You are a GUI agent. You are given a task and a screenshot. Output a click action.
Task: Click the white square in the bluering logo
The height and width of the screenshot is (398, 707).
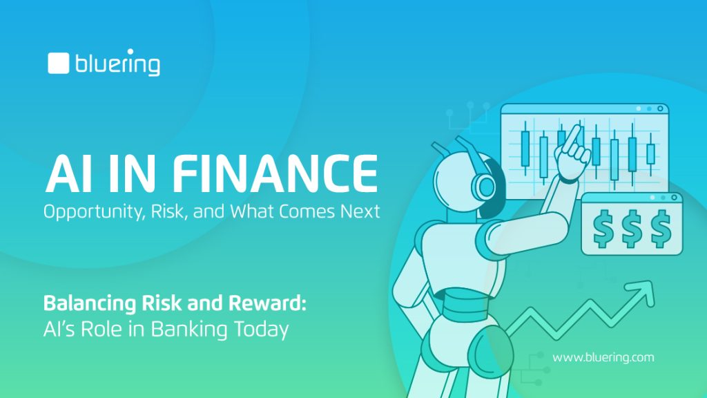pos(59,63)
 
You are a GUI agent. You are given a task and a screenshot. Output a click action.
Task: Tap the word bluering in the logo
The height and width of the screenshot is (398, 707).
pos(117,62)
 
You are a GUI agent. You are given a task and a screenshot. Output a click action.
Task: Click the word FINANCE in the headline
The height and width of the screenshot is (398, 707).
pos(275,173)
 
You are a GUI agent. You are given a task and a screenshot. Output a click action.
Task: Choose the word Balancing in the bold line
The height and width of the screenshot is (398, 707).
pos(89,304)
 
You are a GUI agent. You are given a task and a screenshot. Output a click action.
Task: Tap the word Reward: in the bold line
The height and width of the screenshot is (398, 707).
pos(267,303)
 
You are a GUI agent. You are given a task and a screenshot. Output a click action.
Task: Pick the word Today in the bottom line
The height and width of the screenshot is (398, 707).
pos(262,330)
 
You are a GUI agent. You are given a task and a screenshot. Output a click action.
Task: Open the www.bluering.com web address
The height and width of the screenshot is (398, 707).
pos(603,358)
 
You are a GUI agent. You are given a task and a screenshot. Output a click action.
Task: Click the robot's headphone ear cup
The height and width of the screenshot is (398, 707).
pos(485,185)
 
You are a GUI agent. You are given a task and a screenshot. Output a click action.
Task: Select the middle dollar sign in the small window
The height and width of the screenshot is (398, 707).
pos(632,228)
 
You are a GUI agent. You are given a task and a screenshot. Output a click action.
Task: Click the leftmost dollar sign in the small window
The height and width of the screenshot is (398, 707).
pos(602,228)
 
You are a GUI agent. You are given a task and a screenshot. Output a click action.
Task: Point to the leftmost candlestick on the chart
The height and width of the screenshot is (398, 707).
pos(525,149)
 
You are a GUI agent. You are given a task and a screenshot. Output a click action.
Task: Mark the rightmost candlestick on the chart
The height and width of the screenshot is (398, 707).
pos(650,154)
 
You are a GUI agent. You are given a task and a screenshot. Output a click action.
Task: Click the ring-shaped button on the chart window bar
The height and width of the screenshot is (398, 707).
pos(660,108)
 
